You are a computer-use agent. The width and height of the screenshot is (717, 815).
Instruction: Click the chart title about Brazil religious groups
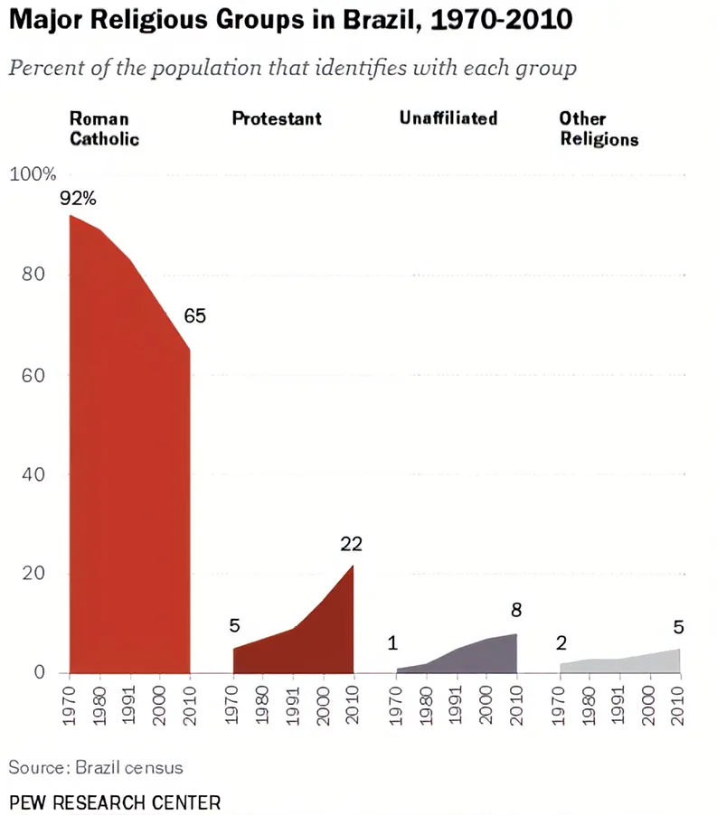(x=290, y=20)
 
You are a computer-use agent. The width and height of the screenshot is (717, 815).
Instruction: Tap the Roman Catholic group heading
(x=104, y=128)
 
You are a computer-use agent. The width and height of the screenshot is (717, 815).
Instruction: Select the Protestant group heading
(x=277, y=118)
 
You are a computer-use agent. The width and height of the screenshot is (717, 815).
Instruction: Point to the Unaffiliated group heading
(x=448, y=118)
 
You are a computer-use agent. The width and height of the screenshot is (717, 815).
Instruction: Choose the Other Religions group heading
(x=599, y=128)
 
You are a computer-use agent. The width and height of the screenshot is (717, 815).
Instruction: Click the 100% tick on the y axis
(x=33, y=174)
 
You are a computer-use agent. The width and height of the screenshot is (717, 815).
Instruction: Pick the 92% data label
(x=78, y=198)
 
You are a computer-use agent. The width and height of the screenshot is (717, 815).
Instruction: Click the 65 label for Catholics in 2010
(x=194, y=316)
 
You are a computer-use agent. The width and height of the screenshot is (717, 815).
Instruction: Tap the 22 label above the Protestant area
(x=351, y=543)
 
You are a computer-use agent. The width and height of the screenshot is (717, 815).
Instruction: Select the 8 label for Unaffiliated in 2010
(x=516, y=610)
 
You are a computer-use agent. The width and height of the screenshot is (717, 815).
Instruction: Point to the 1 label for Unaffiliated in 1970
(x=392, y=643)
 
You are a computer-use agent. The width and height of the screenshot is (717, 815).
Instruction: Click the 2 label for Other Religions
(x=561, y=643)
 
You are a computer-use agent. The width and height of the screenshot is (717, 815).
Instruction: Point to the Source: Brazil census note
(x=96, y=767)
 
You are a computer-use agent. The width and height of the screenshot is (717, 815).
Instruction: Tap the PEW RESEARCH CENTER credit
(x=114, y=801)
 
